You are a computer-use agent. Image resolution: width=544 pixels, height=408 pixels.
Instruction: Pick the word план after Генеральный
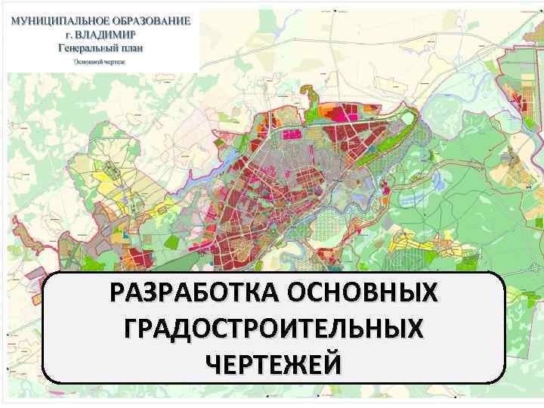click(x=131, y=47)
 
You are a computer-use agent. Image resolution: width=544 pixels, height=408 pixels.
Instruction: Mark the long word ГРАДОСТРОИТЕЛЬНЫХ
click(x=272, y=329)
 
